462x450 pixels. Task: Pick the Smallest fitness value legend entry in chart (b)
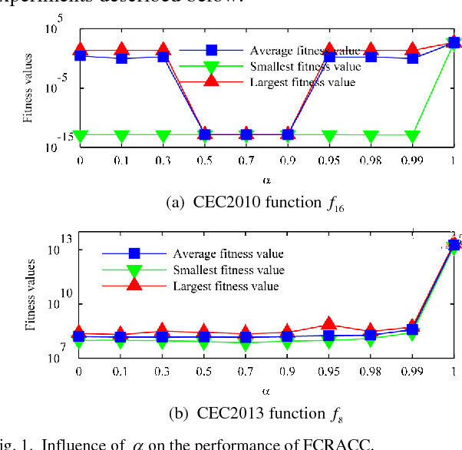point(229,270)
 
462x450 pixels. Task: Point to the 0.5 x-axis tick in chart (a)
point(204,160)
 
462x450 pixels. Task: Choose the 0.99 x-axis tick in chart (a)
point(412,160)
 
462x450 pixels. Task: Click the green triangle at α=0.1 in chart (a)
point(121,137)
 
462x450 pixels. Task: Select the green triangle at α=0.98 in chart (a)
point(371,137)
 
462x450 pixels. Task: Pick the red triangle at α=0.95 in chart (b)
point(329,324)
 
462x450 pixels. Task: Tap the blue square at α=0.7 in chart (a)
point(246,134)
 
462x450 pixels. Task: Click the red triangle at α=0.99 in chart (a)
point(413,50)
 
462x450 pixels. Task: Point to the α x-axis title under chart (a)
point(266,180)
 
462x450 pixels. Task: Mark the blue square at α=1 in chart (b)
point(454,245)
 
